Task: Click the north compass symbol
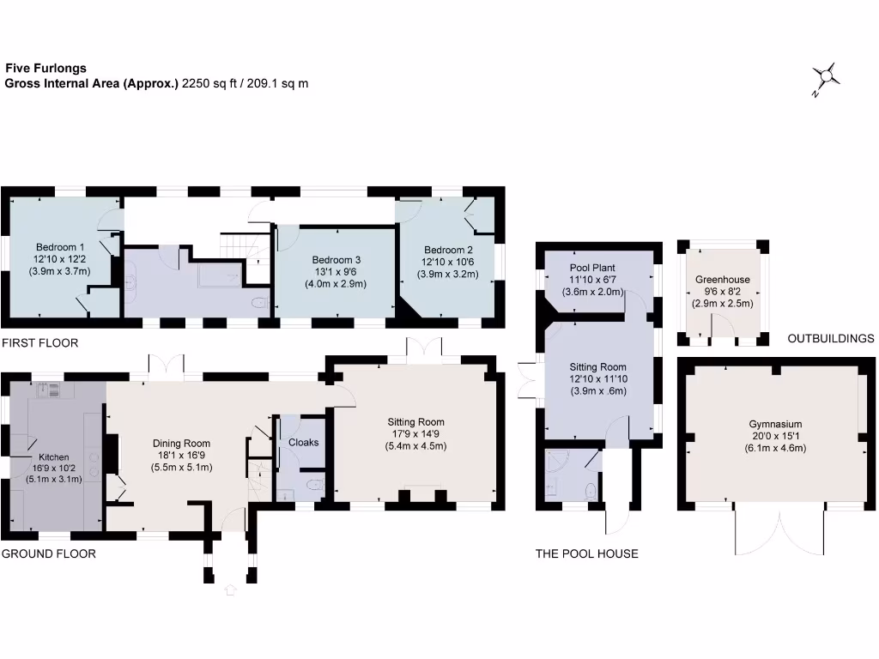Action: pyautogui.click(x=827, y=78)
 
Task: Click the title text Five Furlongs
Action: pyautogui.click(x=45, y=68)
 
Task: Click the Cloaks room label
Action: pyautogui.click(x=303, y=443)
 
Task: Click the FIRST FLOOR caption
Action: pyautogui.click(x=39, y=343)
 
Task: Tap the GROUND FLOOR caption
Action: pyautogui.click(x=48, y=554)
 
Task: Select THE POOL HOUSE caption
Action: pyautogui.click(x=586, y=554)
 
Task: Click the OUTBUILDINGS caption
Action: pyautogui.click(x=830, y=339)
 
